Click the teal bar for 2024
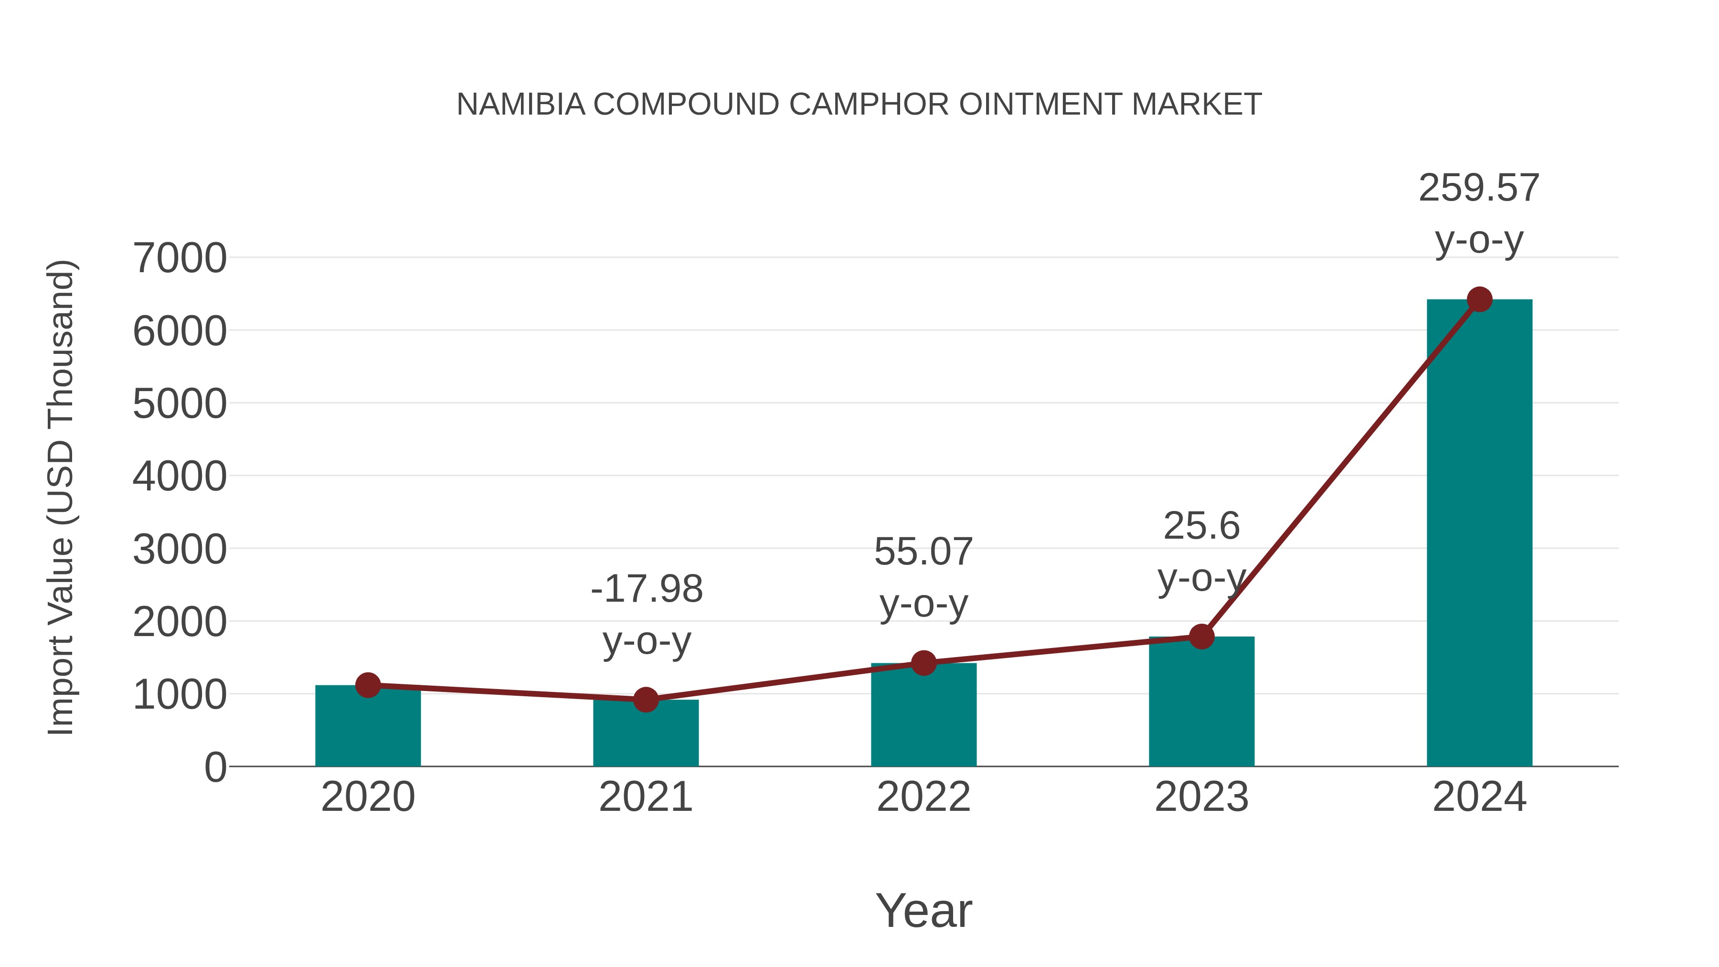pyautogui.click(x=1479, y=534)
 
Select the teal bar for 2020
pyautogui.click(x=368, y=727)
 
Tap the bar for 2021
pyautogui.click(x=645, y=734)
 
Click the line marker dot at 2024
pyautogui.click(x=1479, y=299)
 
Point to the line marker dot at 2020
pyautogui.click(x=368, y=685)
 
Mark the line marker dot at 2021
pyautogui.click(x=645, y=700)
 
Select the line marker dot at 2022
pyautogui.click(x=923, y=663)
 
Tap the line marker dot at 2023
pyautogui.click(x=1201, y=637)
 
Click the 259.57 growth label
pyautogui.click(x=1479, y=188)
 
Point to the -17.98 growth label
pyautogui.click(x=647, y=589)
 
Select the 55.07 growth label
pyautogui.click(x=923, y=552)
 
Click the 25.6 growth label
pyautogui.click(x=1201, y=527)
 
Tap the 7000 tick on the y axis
pyautogui.click(x=180, y=258)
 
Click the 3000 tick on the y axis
pyautogui.click(x=180, y=550)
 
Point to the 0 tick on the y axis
pyautogui.click(x=215, y=767)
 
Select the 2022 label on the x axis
pyautogui.click(x=923, y=797)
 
